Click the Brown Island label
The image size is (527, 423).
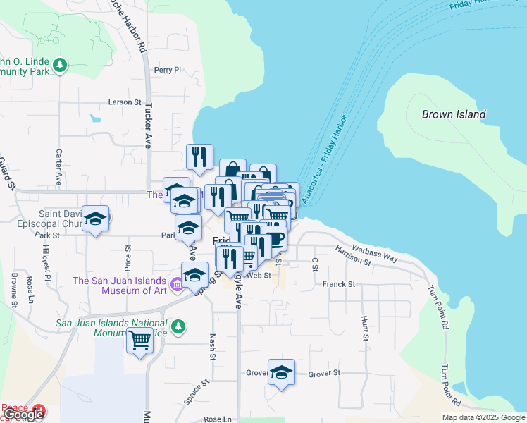pos(453,114)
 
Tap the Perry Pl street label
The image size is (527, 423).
pos(168,70)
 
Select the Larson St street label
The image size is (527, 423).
pos(125,102)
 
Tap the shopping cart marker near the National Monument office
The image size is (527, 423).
pos(140,341)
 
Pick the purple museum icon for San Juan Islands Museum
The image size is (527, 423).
pos(174,286)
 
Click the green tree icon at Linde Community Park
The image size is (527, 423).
pos(61,66)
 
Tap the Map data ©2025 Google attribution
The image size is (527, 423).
pos(483,417)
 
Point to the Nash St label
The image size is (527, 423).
pos(212,348)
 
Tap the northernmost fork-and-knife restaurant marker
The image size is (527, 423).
pos(199,156)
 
